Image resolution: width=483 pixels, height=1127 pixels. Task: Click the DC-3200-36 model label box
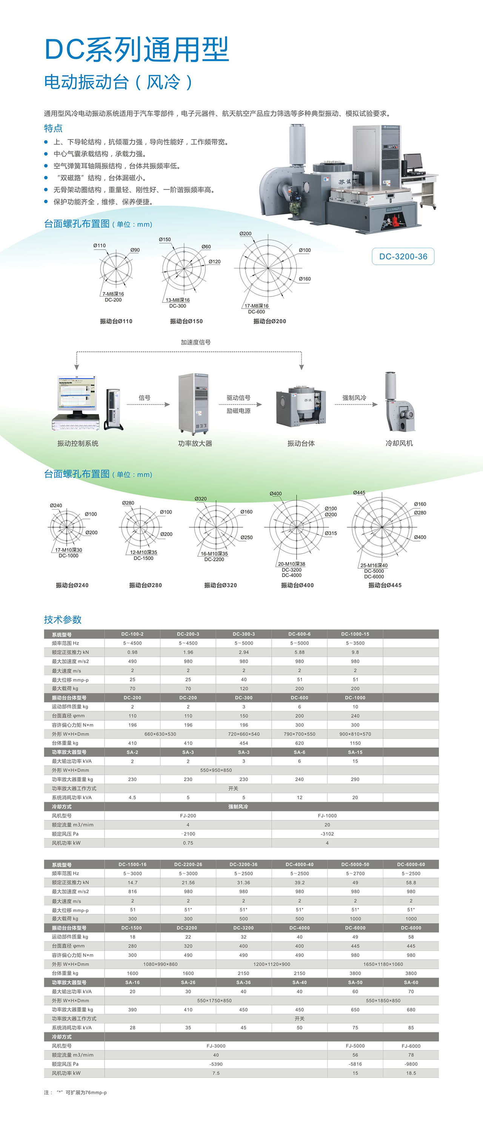point(403,256)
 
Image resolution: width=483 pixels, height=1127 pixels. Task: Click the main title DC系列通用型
point(137,49)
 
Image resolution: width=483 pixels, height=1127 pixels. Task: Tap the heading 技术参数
point(63,619)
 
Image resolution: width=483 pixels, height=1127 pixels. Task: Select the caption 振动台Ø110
point(116,321)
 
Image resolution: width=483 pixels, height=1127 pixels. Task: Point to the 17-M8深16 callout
point(256,306)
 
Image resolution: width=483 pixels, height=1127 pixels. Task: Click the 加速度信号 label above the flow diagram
point(195,342)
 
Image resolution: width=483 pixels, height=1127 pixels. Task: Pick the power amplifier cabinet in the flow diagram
point(194,403)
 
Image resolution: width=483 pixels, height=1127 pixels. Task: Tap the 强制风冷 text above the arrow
point(354,398)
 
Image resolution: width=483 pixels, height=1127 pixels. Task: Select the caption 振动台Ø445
point(385,585)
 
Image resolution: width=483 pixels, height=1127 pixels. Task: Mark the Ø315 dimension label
point(331,533)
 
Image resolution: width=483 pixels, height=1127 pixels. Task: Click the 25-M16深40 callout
point(374,565)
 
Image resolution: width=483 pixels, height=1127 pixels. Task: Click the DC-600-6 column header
point(299,634)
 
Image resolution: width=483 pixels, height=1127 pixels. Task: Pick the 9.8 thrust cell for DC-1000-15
point(355,652)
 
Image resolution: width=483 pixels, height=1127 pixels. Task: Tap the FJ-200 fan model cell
point(188,815)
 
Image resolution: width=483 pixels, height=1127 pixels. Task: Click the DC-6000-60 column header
point(411,864)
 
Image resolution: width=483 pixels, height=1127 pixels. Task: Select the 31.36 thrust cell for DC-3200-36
point(243,882)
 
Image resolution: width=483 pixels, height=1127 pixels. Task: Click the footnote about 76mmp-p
point(75,1092)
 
